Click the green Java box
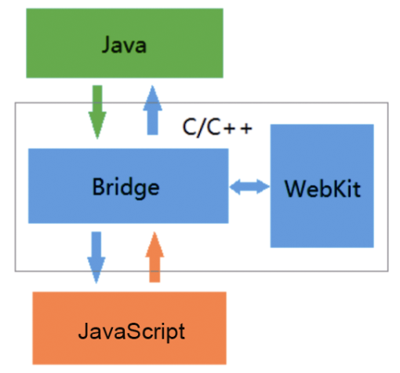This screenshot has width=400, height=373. pyautogui.click(x=125, y=43)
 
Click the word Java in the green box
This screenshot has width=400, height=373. pyautogui.click(x=124, y=45)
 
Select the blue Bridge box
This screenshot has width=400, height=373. pyautogui.click(x=129, y=186)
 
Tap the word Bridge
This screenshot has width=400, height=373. pyautogui.click(x=125, y=188)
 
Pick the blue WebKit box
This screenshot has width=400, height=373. pyautogui.click(x=322, y=186)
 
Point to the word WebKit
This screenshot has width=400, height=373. pyautogui.click(x=322, y=188)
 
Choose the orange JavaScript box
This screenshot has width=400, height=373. pyautogui.click(x=129, y=328)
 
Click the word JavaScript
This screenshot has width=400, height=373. pyautogui.click(x=132, y=332)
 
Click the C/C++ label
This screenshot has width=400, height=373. pyautogui.click(x=217, y=127)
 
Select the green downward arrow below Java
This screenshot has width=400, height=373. pyautogui.click(x=97, y=112)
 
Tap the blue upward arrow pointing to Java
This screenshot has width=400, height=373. pyautogui.click(x=152, y=110)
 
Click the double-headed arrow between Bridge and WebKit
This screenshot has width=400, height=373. pyautogui.click(x=249, y=187)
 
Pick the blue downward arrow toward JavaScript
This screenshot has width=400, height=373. pyautogui.click(x=96, y=258)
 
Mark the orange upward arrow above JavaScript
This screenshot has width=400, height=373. pyautogui.click(x=155, y=257)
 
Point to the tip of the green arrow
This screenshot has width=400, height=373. pyautogui.click(x=97, y=139)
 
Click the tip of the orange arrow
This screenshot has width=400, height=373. pyautogui.click(x=155, y=232)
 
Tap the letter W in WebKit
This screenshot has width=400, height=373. pyautogui.click(x=295, y=188)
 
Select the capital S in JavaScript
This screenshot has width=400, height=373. pyautogui.click(x=128, y=331)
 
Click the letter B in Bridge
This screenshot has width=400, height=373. pyautogui.click(x=99, y=186)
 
